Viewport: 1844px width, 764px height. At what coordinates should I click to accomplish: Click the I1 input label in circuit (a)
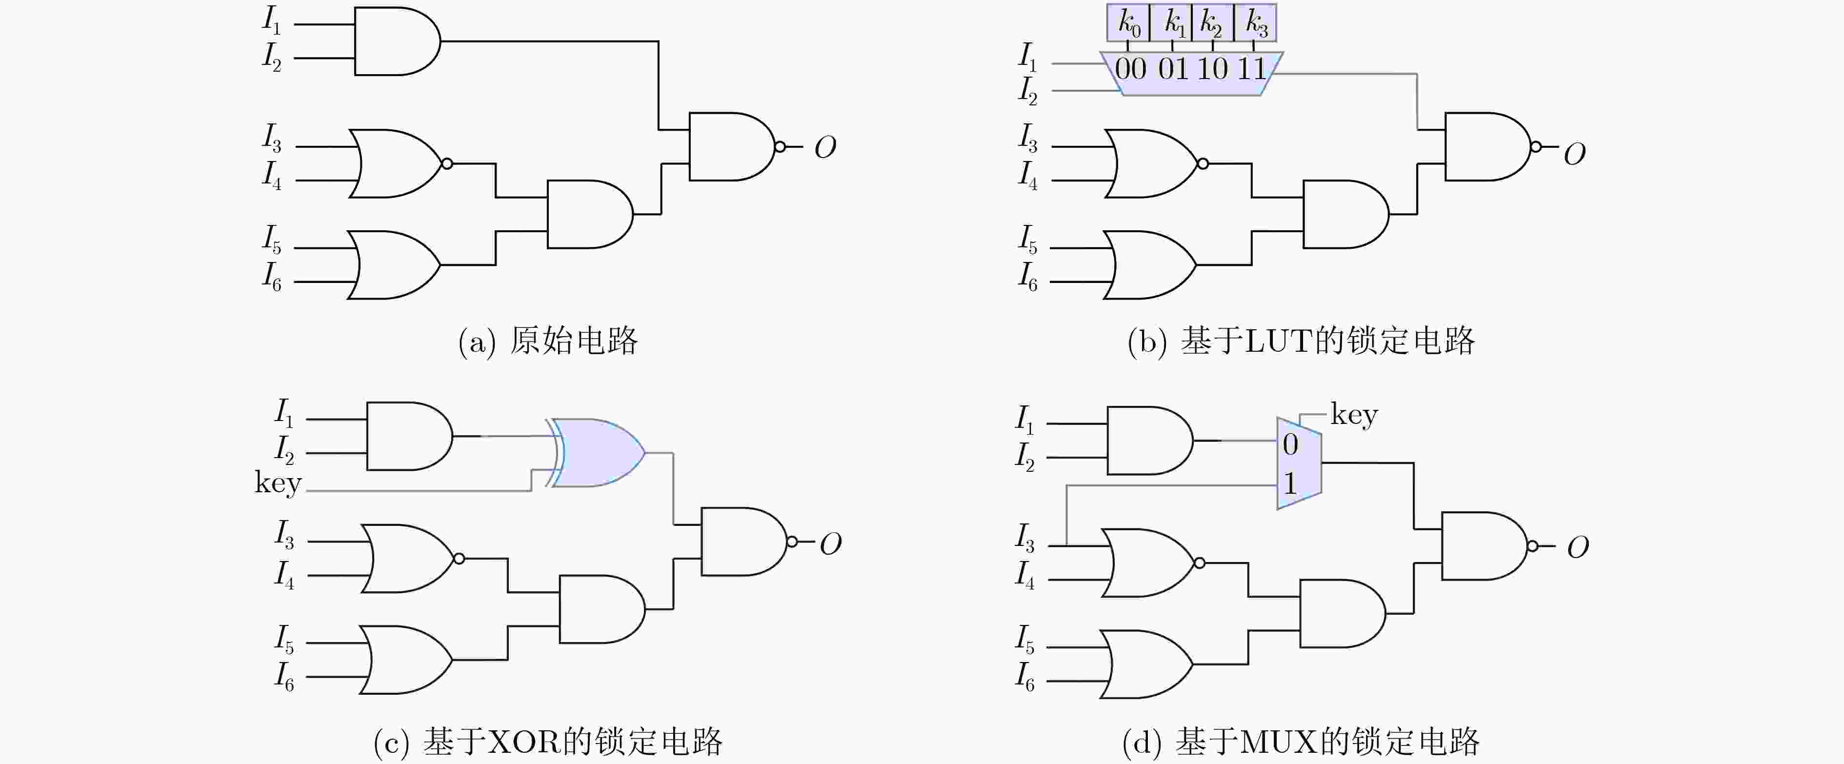coord(271,20)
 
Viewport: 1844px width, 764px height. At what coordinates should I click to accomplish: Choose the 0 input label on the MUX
coord(1290,444)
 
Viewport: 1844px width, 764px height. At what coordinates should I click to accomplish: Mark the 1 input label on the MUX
coord(1290,484)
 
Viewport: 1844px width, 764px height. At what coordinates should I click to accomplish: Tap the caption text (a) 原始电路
coord(548,341)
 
